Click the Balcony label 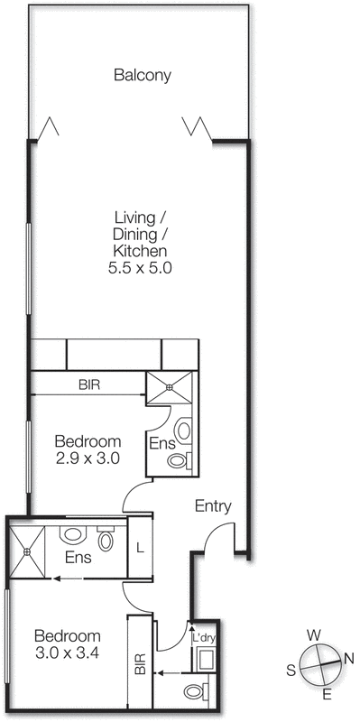(142, 76)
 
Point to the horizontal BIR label (88, 384)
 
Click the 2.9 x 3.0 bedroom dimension (88, 458)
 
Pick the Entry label (214, 506)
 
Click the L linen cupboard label (140, 547)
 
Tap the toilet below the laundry (195, 691)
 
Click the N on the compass (348, 660)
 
